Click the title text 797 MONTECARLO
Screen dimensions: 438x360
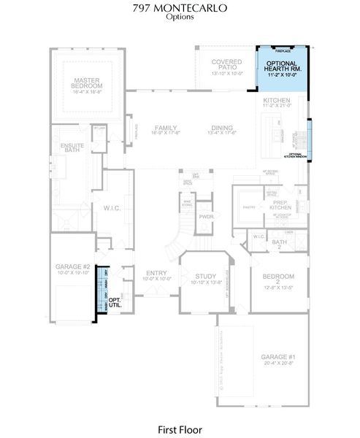180,8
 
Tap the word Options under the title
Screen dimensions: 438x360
180,18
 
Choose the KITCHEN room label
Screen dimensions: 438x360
277,100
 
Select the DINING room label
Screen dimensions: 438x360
222,128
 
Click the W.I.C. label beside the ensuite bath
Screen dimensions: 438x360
112,208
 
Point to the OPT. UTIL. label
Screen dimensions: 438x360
115,303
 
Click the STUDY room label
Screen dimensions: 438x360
204,277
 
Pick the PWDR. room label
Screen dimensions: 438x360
206,217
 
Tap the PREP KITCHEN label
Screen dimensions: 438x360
280,204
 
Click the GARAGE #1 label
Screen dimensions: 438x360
277,358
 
